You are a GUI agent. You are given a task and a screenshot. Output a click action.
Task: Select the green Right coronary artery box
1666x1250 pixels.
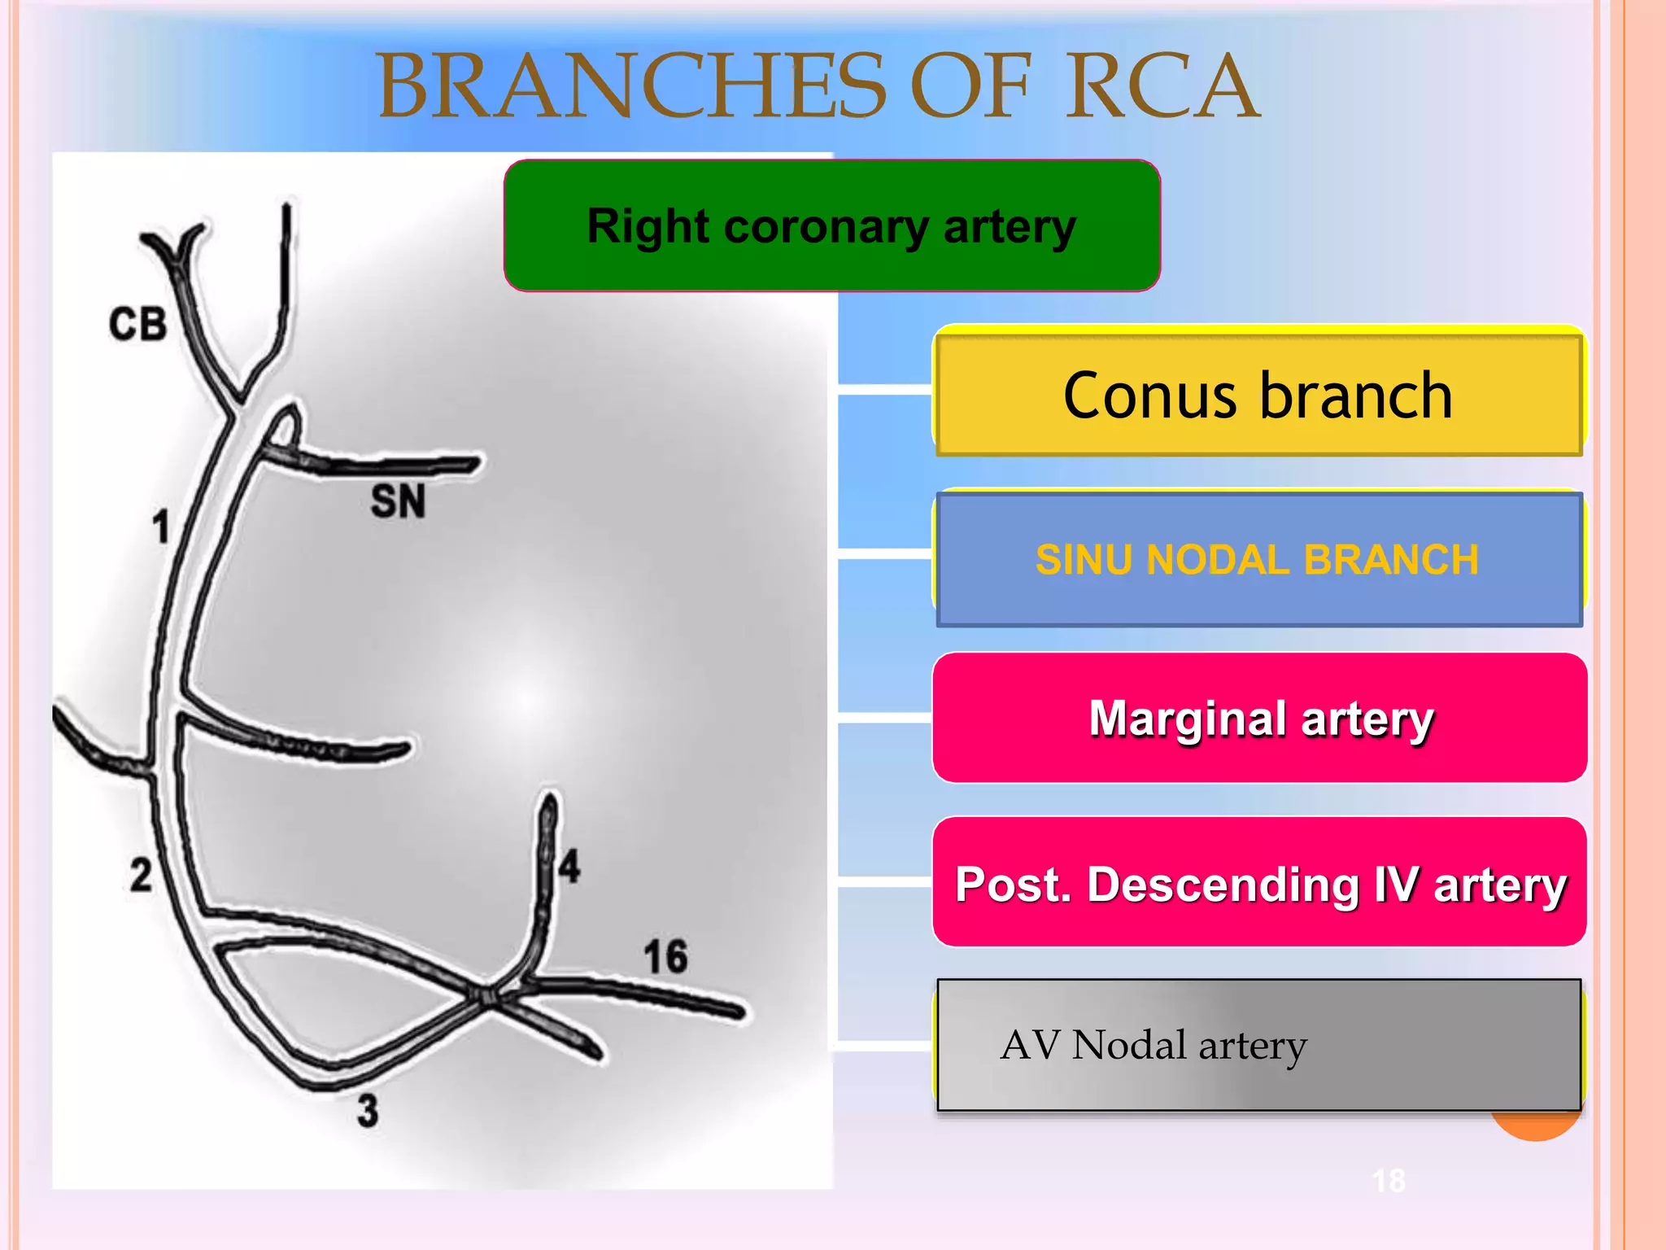pyautogui.click(x=831, y=225)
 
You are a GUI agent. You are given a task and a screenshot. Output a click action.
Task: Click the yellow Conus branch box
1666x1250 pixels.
pyautogui.click(x=1258, y=395)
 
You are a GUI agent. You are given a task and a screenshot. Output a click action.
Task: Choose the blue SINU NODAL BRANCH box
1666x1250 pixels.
pyautogui.click(x=1258, y=559)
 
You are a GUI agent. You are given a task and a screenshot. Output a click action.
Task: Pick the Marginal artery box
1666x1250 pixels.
pyautogui.click(x=1259, y=718)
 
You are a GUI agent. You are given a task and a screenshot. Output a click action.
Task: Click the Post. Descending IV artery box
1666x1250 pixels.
pyautogui.click(x=1259, y=883)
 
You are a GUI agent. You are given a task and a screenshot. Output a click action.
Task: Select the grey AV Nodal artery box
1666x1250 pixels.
pyautogui.click(x=1258, y=1045)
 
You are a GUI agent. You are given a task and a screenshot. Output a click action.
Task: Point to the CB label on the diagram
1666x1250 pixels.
pyautogui.click(x=138, y=324)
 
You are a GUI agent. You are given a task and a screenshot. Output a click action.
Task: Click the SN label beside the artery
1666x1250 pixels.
pyautogui.click(x=398, y=500)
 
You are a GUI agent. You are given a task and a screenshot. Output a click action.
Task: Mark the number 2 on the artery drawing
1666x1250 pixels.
pyautogui.click(x=141, y=876)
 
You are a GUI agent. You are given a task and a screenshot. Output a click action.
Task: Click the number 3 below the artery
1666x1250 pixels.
pyautogui.click(x=368, y=1110)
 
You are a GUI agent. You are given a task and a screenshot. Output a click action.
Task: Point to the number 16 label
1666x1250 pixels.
pyautogui.click(x=665, y=956)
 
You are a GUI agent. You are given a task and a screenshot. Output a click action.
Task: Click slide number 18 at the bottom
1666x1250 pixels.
pyautogui.click(x=1389, y=1180)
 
